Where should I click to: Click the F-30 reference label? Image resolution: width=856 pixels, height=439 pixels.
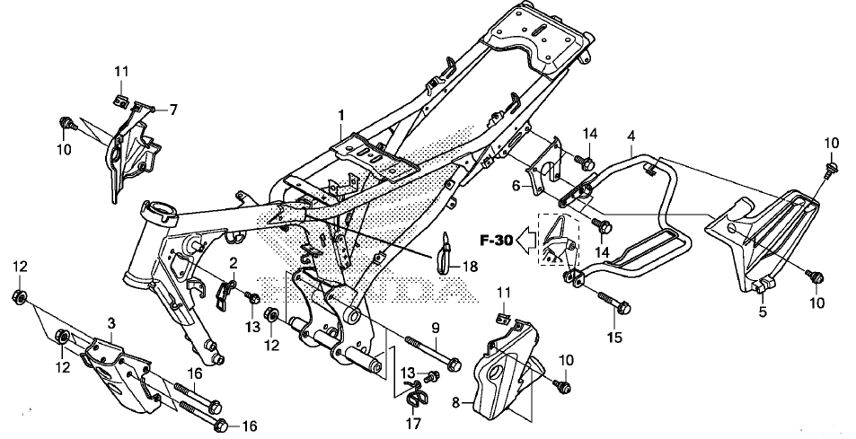click(496, 240)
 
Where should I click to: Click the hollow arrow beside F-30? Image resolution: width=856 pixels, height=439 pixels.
click(526, 240)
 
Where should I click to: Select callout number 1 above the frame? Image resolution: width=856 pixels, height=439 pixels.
click(341, 116)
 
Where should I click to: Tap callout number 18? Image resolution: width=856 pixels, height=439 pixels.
click(469, 267)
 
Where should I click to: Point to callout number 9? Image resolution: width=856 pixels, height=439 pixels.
click(436, 328)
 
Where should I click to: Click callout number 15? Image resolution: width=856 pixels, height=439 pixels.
click(614, 338)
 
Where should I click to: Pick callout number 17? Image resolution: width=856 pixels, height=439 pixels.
click(413, 423)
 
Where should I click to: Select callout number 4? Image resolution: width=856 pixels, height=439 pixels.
click(631, 136)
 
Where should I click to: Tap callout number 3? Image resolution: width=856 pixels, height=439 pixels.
click(110, 323)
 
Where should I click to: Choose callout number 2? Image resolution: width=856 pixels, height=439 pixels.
click(234, 263)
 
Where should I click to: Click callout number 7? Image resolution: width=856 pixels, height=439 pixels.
click(173, 110)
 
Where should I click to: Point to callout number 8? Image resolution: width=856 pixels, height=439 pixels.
click(455, 404)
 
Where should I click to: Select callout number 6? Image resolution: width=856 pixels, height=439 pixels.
click(516, 186)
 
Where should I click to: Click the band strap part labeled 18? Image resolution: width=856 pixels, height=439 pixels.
click(445, 252)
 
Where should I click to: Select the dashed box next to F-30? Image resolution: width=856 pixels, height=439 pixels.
click(560, 240)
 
